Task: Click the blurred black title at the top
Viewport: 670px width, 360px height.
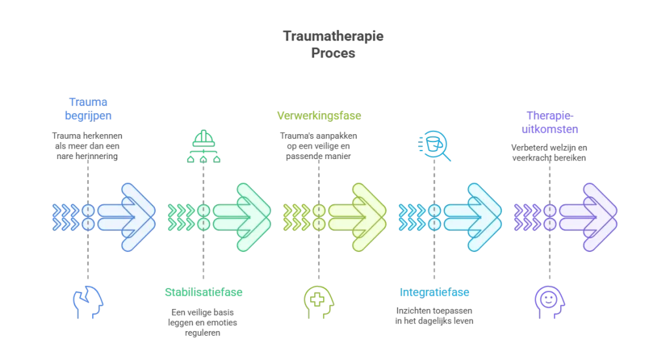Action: (x=334, y=44)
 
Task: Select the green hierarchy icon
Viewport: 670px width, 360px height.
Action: (x=203, y=146)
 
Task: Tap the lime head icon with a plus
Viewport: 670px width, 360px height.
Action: (x=318, y=300)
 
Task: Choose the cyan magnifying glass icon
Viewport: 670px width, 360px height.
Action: (x=432, y=146)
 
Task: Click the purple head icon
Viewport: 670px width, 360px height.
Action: (x=549, y=300)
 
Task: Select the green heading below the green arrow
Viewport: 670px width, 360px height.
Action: (x=203, y=293)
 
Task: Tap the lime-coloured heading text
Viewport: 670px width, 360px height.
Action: (x=319, y=116)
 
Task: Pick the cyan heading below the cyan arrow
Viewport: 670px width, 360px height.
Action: (x=433, y=293)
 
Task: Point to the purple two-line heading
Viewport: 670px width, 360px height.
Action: (x=550, y=122)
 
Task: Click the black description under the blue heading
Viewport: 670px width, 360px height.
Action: (x=87, y=145)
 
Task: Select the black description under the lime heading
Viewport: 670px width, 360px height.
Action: (x=319, y=145)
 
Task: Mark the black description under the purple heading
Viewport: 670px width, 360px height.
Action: (x=550, y=151)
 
